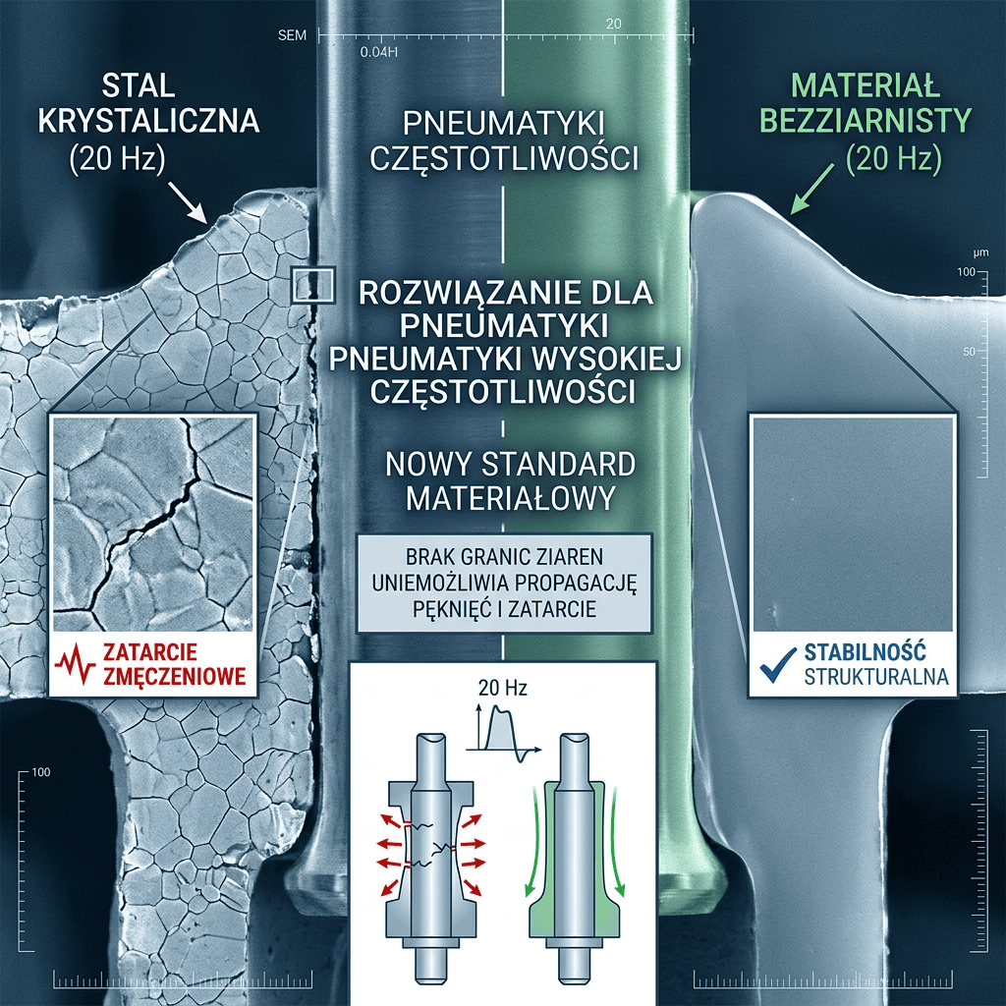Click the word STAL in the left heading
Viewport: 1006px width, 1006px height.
(x=139, y=86)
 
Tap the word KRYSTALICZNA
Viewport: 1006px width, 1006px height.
(x=149, y=121)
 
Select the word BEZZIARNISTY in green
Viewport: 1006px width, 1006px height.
(x=866, y=120)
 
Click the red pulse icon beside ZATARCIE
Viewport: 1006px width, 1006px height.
(x=76, y=665)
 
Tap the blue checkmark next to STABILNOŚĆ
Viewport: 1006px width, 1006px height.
(x=778, y=665)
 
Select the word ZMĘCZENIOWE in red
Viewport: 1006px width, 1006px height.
(x=175, y=676)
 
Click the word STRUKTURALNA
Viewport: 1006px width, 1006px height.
(x=875, y=677)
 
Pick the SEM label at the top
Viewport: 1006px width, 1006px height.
(x=292, y=35)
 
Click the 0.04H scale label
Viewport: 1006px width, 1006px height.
(x=378, y=52)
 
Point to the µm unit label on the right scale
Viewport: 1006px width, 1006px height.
(x=980, y=253)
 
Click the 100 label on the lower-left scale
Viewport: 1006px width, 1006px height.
(x=40, y=772)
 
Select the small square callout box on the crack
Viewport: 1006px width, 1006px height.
(x=313, y=284)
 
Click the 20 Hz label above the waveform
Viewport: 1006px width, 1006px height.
(x=502, y=688)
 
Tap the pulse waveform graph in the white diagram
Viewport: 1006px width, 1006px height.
(x=503, y=731)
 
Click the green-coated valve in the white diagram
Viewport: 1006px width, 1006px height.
(x=575, y=857)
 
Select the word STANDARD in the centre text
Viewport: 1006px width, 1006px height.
(x=558, y=465)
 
